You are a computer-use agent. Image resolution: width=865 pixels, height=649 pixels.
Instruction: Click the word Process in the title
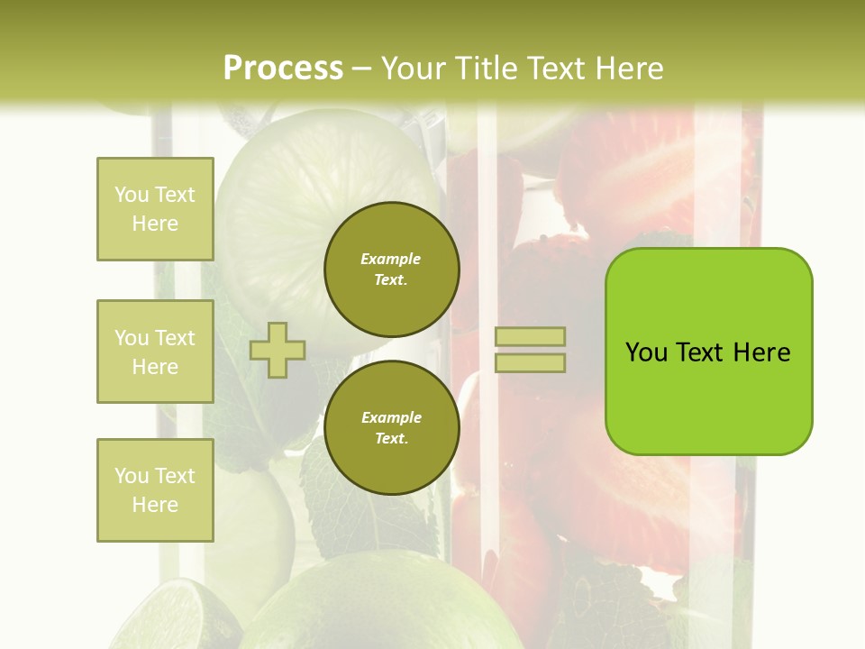coord(283,69)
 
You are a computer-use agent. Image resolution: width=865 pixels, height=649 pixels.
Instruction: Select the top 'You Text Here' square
coord(155,209)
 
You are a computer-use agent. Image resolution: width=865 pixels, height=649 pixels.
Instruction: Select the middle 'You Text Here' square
coord(155,352)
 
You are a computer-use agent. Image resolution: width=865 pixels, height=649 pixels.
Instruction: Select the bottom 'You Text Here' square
coord(155,490)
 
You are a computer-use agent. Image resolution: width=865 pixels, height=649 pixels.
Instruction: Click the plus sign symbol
coord(278,350)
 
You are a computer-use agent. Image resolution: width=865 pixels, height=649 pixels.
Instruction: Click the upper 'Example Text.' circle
coord(391,270)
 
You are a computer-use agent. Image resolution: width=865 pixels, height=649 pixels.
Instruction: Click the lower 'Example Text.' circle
coord(391,428)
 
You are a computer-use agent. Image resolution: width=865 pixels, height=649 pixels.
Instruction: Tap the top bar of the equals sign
coord(530,336)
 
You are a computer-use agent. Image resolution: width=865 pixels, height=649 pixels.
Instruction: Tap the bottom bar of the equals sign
coord(530,363)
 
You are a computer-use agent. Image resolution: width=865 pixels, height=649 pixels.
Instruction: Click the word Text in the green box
coord(700,352)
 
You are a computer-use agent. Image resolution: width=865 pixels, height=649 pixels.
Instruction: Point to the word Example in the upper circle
coord(391,260)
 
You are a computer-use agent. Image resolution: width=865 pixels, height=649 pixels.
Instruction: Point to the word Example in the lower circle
coord(391,418)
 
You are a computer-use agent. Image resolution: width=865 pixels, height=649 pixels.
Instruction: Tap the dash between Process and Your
coord(362,69)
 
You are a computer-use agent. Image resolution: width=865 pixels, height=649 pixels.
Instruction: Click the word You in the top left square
coord(131,195)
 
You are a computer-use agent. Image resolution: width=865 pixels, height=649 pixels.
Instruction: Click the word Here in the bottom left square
coord(155,505)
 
